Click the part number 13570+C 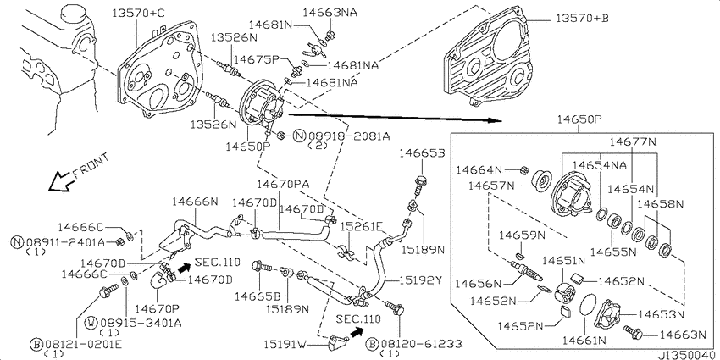138,14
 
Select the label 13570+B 582,19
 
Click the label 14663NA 330,13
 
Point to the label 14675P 256,59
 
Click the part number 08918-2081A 349,136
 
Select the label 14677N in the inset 634,142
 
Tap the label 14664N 479,170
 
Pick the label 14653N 662,314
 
